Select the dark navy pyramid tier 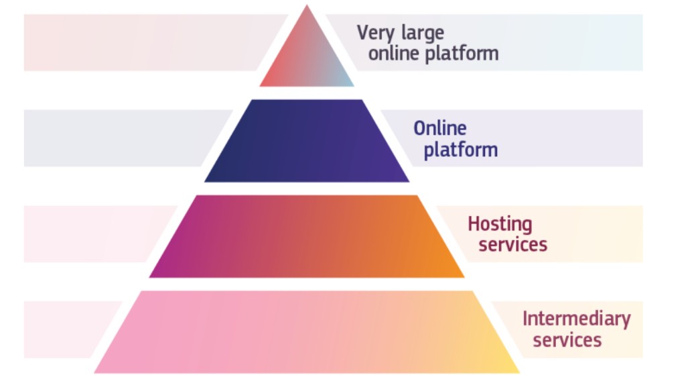click(x=307, y=142)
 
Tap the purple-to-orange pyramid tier click(x=307, y=236)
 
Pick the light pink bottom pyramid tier click(x=307, y=332)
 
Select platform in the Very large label click(x=463, y=54)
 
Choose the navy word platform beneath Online click(x=460, y=150)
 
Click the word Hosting click(x=500, y=223)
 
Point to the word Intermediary click(x=576, y=319)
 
